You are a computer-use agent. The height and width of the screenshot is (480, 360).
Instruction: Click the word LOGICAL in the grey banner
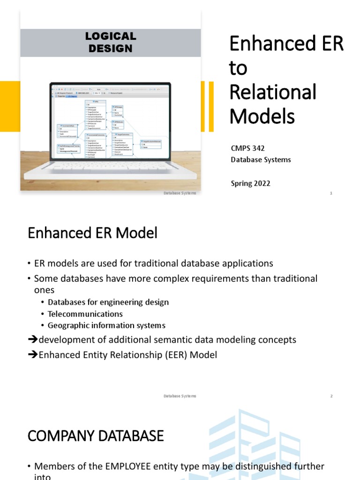click(110, 36)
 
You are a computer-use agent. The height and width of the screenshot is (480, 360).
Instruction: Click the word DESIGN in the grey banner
click(110, 48)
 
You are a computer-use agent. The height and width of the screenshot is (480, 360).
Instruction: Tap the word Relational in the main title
click(273, 92)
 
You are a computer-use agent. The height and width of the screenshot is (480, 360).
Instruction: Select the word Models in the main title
click(262, 116)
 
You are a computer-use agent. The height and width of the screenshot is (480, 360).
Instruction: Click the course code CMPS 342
click(247, 148)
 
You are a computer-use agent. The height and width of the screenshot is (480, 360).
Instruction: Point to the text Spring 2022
click(250, 183)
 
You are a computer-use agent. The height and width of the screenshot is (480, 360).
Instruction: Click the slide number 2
click(331, 396)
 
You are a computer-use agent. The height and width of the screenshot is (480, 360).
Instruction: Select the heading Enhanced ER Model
click(92, 233)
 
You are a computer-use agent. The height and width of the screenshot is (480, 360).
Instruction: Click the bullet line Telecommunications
click(85, 314)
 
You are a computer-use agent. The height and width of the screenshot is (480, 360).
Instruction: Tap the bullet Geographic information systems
click(106, 325)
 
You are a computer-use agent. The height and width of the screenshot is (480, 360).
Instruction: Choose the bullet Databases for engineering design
click(108, 302)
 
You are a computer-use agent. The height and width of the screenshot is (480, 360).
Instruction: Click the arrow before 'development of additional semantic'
click(33, 340)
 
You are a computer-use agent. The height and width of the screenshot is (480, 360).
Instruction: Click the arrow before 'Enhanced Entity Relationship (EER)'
click(33, 355)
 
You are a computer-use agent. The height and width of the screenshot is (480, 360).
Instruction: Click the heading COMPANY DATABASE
click(96, 436)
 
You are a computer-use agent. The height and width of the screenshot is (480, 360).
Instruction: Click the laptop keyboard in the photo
click(110, 166)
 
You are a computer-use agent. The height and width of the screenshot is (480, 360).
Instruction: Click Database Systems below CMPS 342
click(261, 160)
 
